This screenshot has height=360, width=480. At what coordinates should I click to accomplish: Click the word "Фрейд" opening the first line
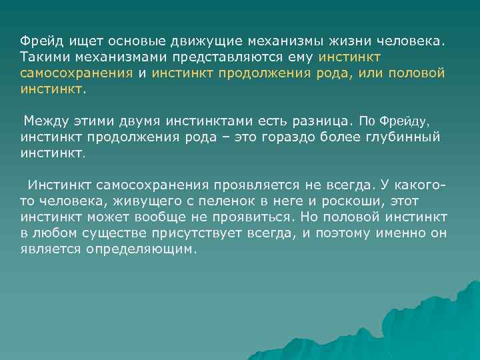(39, 41)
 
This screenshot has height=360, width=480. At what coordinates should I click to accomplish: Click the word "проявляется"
(250, 185)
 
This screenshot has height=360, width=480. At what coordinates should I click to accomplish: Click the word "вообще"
(174, 217)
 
